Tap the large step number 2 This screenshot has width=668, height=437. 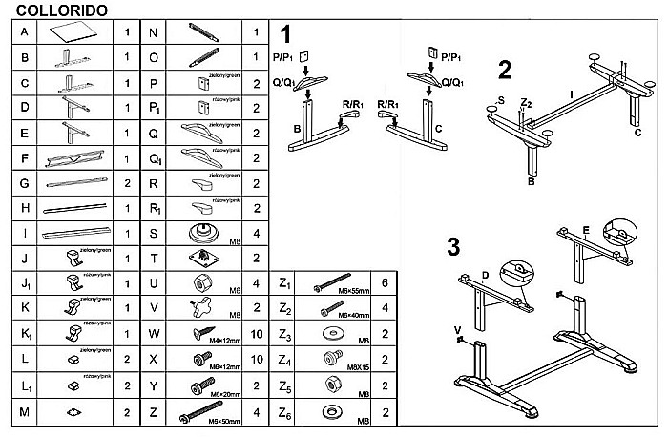tap(505, 69)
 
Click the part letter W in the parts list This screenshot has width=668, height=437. tap(155, 333)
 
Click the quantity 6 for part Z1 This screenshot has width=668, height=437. tap(384, 283)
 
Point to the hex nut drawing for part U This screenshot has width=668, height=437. tap(201, 282)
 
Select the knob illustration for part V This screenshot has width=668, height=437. tap(201, 308)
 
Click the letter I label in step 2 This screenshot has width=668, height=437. tap(571, 94)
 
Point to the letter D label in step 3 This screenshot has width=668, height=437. tap(486, 275)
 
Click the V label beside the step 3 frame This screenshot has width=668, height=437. tap(458, 331)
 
